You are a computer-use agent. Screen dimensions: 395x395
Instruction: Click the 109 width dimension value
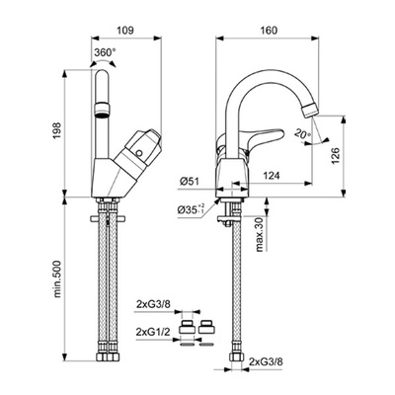point(125,31)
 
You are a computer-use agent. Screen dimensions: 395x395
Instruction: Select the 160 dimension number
point(269,31)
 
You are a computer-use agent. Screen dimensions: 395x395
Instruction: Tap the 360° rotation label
point(105,52)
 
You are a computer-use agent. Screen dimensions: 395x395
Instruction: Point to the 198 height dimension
point(56,131)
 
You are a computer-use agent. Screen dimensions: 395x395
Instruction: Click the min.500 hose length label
point(57,278)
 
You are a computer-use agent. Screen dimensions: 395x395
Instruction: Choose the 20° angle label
point(302,134)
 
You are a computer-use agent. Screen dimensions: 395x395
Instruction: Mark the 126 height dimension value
point(335,156)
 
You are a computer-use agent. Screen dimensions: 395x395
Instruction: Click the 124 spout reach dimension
point(271,176)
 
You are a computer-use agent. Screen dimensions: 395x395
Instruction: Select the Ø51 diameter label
point(190,182)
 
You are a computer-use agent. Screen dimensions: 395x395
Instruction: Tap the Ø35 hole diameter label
point(192,209)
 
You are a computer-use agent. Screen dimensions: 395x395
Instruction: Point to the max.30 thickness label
point(260,235)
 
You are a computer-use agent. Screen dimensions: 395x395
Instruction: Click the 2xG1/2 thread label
point(153,332)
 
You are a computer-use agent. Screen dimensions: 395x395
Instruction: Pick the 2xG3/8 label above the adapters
point(153,305)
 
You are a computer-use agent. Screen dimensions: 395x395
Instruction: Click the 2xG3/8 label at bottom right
point(266,362)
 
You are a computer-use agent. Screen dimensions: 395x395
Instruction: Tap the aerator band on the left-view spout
point(103,110)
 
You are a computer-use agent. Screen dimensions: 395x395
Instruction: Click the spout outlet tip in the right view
point(311,110)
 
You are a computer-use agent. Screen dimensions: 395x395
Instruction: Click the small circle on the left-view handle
point(139,153)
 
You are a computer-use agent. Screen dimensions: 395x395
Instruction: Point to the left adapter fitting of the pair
point(187,327)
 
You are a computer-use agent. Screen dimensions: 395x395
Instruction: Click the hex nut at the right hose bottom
point(237,357)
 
